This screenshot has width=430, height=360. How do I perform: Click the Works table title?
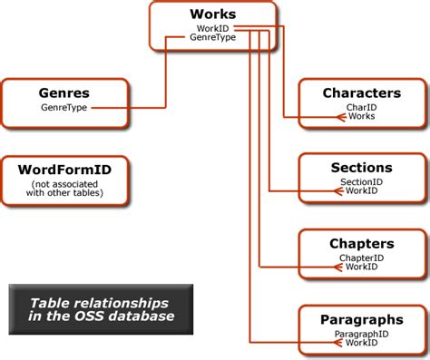pyautogui.click(x=213, y=15)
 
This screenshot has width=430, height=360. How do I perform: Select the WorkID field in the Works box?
pyautogui.click(x=213, y=29)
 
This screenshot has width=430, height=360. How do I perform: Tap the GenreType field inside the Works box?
pyautogui.click(x=213, y=38)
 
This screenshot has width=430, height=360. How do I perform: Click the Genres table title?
pyautogui.click(x=64, y=93)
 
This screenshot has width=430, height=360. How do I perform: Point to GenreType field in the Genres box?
pyautogui.click(x=64, y=107)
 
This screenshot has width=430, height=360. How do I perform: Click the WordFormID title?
pyautogui.click(x=64, y=169)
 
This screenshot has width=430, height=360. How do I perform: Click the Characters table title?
pyautogui.click(x=361, y=93)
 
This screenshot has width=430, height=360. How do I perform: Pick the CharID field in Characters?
pyautogui.click(x=361, y=107)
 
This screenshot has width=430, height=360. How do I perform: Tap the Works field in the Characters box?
pyautogui.click(x=361, y=116)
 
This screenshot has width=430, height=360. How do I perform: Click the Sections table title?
pyautogui.click(x=361, y=168)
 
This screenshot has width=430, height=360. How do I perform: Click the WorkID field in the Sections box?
pyautogui.click(x=361, y=191)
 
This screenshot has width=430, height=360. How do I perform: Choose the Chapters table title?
pyautogui.click(x=361, y=244)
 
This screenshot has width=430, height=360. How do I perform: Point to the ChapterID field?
pyautogui.click(x=361, y=258)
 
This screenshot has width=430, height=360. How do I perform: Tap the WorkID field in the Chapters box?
pyautogui.click(x=361, y=267)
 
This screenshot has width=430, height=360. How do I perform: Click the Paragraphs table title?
pyautogui.click(x=361, y=319)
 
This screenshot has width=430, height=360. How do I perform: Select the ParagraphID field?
pyautogui.click(x=361, y=334)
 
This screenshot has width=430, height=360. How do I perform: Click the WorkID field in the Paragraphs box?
pyautogui.click(x=361, y=343)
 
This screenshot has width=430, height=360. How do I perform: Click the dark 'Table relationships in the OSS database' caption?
pyautogui.click(x=101, y=309)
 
